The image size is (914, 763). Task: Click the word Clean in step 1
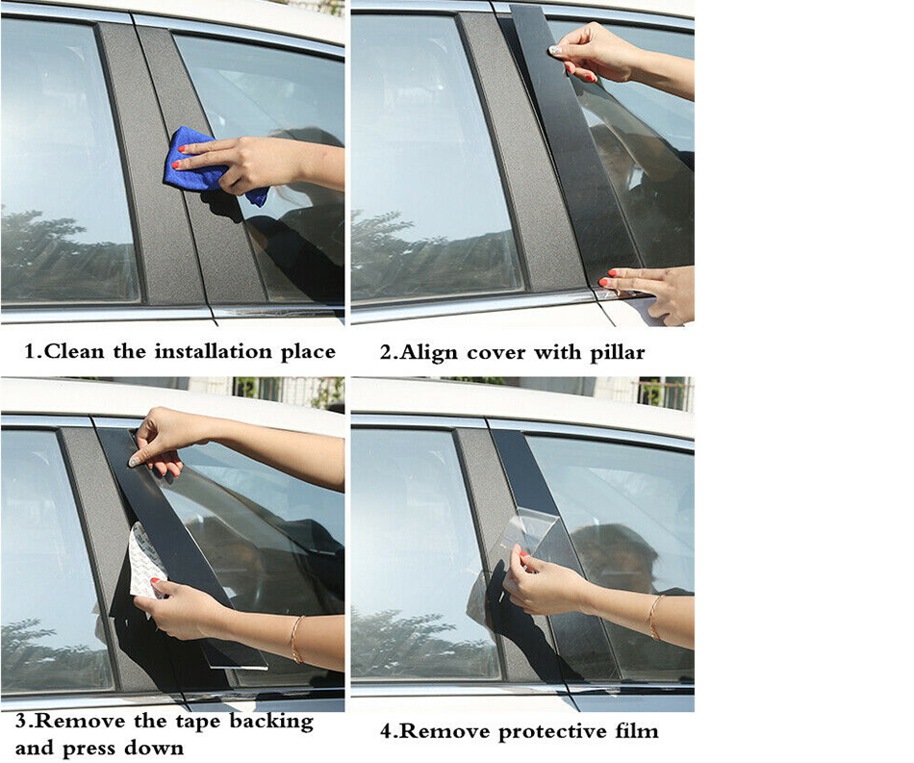[74, 351]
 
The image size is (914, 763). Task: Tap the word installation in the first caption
[214, 351]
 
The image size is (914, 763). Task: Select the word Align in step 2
[428, 353]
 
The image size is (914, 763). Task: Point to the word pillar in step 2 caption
[618, 353]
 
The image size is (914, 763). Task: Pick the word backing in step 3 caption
[271, 723]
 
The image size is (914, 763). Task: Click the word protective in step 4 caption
[552, 731]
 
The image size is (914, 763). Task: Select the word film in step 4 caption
[637, 731]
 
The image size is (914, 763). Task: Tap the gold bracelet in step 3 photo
[296, 640]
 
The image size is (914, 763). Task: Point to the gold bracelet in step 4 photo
[655, 618]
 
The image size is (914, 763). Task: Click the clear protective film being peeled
[527, 542]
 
